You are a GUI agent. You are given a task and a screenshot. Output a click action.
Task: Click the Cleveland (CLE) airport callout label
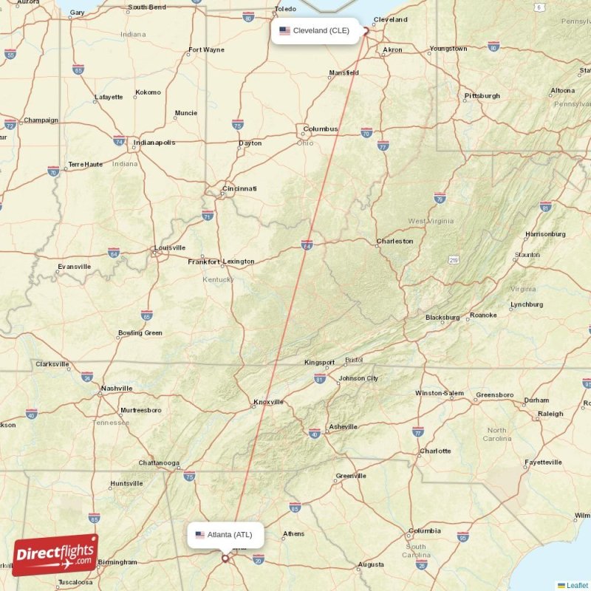click(316, 31)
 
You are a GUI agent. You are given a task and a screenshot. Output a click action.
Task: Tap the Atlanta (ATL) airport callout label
click(225, 535)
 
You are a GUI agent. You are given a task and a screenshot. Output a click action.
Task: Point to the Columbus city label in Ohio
click(321, 129)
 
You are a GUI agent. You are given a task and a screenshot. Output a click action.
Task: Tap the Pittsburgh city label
click(482, 96)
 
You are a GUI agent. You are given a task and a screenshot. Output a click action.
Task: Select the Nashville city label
click(117, 388)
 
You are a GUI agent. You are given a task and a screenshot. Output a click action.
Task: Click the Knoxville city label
click(268, 403)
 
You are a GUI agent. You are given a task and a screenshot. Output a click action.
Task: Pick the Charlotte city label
click(435, 451)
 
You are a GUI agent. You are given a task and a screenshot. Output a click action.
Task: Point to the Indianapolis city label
click(155, 143)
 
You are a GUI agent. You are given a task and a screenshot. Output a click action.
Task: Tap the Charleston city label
click(395, 241)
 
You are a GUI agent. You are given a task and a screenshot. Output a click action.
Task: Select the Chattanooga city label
click(159, 463)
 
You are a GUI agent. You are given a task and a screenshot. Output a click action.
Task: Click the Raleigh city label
click(550, 414)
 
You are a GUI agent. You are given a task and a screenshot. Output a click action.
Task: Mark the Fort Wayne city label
click(207, 50)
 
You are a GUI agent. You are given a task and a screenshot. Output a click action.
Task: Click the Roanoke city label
click(483, 315)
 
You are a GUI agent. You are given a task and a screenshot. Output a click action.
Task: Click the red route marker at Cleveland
click(366, 31)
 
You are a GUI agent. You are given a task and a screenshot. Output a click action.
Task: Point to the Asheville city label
click(343, 426)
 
